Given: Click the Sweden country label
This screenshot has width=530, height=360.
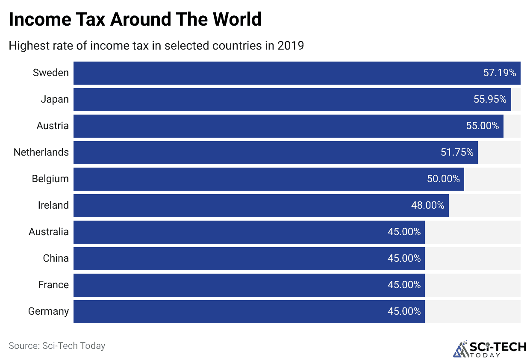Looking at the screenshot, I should (x=50, y=73).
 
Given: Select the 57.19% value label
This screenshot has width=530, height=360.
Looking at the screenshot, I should (x=500, y=73).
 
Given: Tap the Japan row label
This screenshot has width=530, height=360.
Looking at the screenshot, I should (x=54, y=99).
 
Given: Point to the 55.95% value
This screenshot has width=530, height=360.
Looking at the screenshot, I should (x=490, y=99).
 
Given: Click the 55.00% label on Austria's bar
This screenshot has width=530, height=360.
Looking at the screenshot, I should (x=483, y=126).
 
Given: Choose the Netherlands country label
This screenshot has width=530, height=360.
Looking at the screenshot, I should (x=41, y=152).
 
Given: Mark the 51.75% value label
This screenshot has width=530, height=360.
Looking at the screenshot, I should (x=457, y=152).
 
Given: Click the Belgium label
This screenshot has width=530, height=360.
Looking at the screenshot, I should (x=50, y=179).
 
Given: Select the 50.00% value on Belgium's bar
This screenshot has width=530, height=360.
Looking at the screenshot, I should (x=443, y=179).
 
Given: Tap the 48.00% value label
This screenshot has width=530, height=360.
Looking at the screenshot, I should (x=428, y=205).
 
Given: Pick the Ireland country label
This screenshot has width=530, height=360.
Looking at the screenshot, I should (x=53, y=205).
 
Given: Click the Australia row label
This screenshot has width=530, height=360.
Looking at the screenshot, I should (x=48, y=232).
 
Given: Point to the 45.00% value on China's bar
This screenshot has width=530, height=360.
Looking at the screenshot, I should (x=404, y=258).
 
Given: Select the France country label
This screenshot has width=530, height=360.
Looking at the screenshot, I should (x=53, y=285).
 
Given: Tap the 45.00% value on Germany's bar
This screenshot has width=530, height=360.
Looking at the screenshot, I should (x=404, y=311).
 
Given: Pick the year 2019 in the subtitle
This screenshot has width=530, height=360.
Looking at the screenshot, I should (x=290, y=45).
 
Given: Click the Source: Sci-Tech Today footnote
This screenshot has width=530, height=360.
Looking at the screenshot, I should (x=57, y=345).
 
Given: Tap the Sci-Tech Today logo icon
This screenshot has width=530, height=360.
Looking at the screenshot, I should (x=460, y=349).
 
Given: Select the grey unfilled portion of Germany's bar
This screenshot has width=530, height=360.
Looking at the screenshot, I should (x=472, y=311).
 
